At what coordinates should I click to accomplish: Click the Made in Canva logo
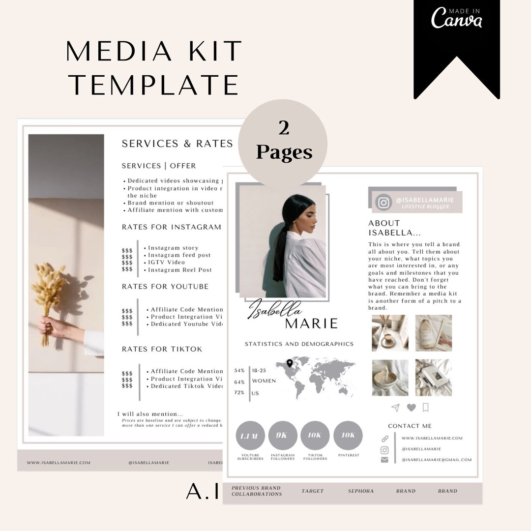click(456, 18)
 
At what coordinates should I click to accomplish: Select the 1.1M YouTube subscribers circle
click(250, 435)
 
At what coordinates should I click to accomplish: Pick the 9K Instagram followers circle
click(283, 435)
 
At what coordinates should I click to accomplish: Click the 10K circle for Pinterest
click(348, 435)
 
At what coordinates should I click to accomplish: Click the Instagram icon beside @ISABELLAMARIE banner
click(383, 203)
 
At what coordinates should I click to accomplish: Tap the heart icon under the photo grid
click(411, 407)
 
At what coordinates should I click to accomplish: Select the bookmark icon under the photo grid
click(426, 407)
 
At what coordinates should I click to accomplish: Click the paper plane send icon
click(395, 408)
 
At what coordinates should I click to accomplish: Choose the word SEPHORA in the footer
click(360, 491)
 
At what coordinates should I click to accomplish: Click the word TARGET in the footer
click(313, 491)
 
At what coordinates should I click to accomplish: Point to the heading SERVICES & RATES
click(177, 144)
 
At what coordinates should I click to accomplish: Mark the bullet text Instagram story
click(173, 248)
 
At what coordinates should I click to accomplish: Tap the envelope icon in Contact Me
click(384, 460)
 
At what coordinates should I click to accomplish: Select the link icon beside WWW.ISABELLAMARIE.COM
click(384, 439)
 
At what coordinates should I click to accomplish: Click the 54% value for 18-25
click(239, 370)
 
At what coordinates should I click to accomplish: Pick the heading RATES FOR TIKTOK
click(162, 349)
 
